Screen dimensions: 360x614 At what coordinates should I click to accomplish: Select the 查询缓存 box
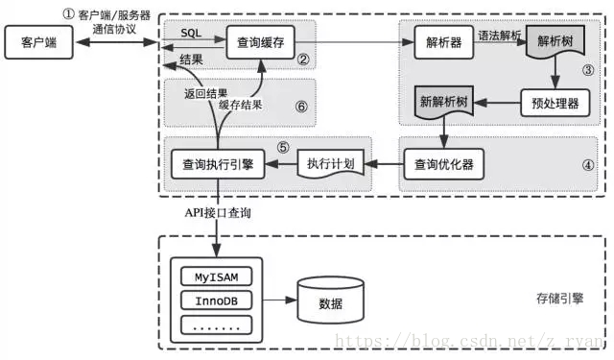[x=260, y=42]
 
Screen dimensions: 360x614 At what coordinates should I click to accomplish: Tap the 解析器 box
[x=443, y=42]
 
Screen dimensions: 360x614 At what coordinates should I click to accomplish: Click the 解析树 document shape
[x=557, y=43]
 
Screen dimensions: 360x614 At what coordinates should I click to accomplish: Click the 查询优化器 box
[x=442, y=163]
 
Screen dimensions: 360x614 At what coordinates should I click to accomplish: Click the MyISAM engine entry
[x=216, y=277]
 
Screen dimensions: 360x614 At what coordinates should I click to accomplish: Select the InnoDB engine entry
[x=216, y=300]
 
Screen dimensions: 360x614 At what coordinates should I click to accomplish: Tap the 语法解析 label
[x=500, y=35]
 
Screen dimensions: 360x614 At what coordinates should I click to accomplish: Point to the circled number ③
[x=588, y=70]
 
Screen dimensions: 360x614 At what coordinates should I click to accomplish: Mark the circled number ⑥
[x=300, y=106]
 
